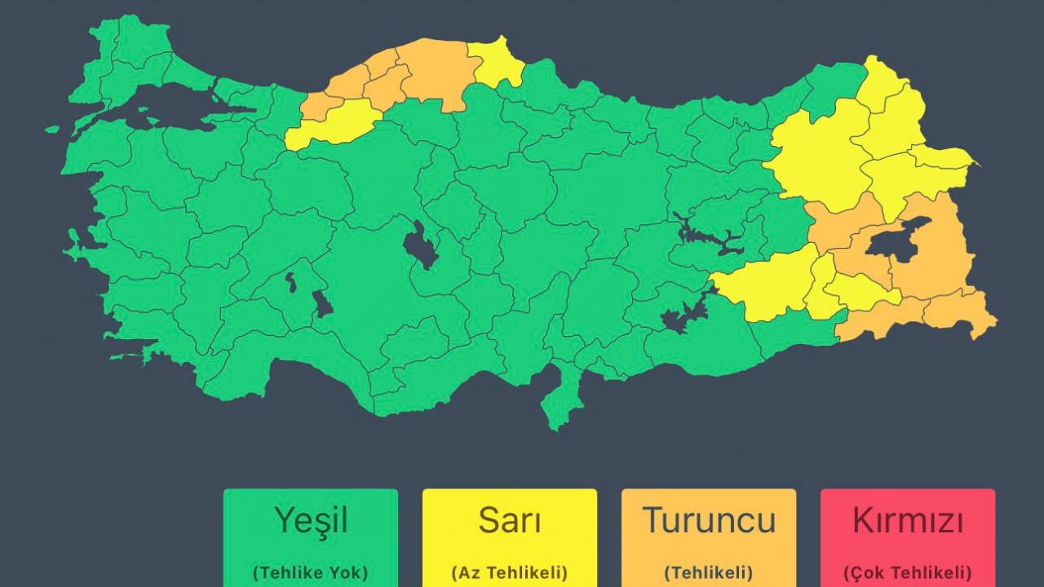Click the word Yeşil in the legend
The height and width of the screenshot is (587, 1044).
pyautogui.click(x=311, y=520)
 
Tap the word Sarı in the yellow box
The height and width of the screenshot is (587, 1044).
pyautogui.click(x=510, y=520)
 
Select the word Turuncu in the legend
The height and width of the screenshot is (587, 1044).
pyautogui.click(x=709, y=520)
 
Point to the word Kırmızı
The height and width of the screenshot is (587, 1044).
pyautogui.click(x=908, y=520)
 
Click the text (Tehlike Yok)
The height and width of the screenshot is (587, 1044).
pyautogui.click(x=311, y=572)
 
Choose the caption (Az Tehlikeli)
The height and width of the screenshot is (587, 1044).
pyautogui.click(x=510, y=572)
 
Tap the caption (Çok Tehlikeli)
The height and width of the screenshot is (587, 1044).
pyautogui.click(x=908, y=572)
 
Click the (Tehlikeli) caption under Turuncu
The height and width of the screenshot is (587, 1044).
pyautogui.click(x=709, y=572)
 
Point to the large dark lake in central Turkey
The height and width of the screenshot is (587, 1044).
pyautogui.click(x=420, y=244)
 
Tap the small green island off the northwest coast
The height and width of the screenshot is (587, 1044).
pyautogui.click(x=52, y=129)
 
